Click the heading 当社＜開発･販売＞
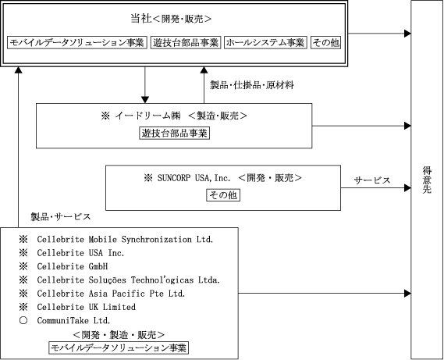tap(171, 19)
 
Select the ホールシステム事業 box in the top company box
tap(265, 42)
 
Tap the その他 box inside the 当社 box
tap(325, 42)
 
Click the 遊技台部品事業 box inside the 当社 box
tap(186, 42)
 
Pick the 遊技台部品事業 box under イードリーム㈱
tap(175, 133)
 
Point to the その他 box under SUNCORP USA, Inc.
tap(223, 195)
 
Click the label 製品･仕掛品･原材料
tap(252, 85)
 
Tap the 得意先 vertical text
tap(427, 180)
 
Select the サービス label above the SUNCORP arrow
tap(372, 180)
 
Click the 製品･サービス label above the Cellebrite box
tap(61, 217)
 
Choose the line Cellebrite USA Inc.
tap(80, 253)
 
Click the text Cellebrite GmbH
tap(73, 266)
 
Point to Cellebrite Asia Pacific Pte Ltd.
tap(111, 294)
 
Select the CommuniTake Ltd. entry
tap(73, 321)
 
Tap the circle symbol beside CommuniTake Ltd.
tap(23, 321)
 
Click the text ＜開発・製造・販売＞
tap(119, 335)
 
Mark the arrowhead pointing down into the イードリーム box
tap(145, 100)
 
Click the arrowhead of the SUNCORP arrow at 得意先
tap(407, 187)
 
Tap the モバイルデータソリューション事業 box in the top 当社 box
tap(77, 42)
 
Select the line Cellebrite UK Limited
tap(87, 307)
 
